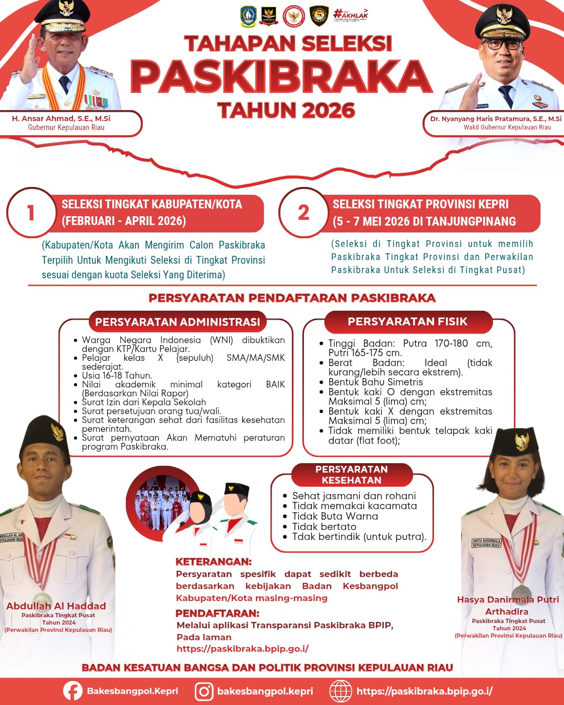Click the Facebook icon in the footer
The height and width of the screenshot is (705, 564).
tap(73, 691)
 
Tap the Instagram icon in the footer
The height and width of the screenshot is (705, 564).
tap(204, 691)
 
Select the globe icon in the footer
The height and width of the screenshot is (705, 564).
tap(340, 691)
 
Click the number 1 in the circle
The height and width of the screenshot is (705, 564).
tap(31, 213)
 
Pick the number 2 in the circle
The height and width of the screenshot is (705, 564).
tap(303, 213)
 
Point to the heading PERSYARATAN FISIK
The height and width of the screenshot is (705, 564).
tap(407, 322)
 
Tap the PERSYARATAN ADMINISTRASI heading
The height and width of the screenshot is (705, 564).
tap(178, 322)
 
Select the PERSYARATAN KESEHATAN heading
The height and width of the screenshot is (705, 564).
tap(351, 475)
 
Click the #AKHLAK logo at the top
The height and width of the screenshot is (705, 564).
tap(350, 14)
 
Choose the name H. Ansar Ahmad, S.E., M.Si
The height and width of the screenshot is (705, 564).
tap(61, 119)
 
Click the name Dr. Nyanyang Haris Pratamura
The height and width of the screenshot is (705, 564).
tap(496, 119)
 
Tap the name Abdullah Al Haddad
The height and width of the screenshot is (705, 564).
tap(56, 606)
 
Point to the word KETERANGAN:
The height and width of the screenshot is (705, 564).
tap(214, 562)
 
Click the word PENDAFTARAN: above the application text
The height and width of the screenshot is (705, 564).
tap(217, 613)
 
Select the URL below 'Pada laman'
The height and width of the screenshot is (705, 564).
tap(242, 649)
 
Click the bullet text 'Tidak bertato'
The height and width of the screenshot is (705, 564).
tap(324, 526)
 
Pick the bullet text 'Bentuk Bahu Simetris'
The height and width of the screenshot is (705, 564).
tap(375, 382)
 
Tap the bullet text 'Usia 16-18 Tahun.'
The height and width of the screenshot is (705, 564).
tap(117, 375)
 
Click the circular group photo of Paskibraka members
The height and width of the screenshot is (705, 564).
tap(158, 504)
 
